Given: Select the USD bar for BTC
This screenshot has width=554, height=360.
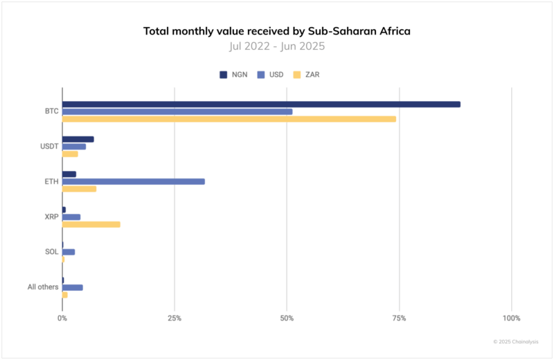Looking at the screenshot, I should [177, 111].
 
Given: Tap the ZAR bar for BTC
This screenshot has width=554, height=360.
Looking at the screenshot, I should [229, 119].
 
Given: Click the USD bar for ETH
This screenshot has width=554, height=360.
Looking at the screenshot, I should [134, 181].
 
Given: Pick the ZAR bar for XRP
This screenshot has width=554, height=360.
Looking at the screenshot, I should [91, 224].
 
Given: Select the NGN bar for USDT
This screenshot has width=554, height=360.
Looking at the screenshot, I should [78, 139].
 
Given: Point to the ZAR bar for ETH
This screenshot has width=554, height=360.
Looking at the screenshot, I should [80, 189].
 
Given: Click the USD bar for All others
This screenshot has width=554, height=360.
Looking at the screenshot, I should [73, 287].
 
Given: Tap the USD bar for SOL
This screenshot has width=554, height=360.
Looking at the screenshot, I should [69, 252].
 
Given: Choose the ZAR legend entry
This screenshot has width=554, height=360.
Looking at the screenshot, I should [308, 74].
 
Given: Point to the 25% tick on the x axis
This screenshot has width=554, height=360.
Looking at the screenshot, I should [175, 318].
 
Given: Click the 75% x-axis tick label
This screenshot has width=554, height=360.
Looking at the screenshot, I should [399, 318].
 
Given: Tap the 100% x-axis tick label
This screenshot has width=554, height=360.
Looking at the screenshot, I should [511, 318].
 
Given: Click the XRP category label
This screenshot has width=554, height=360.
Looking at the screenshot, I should [50, 217].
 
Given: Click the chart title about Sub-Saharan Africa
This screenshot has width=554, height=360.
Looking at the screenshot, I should [277, 31].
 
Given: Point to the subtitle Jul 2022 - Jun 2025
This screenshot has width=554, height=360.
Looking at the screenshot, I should [277, 46].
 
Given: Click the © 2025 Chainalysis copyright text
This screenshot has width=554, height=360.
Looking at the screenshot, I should [515, 342].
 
